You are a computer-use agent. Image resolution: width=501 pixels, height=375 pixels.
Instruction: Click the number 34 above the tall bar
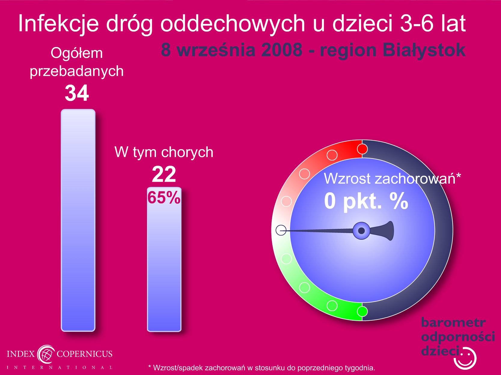(77, 93)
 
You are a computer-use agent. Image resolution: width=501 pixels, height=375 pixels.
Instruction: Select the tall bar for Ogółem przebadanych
(78, 220)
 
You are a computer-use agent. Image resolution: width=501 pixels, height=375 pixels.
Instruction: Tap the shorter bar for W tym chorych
(164, 259)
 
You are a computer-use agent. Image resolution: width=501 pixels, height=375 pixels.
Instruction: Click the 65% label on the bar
(164, 197)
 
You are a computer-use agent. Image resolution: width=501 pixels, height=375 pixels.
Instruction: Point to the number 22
(164, 174)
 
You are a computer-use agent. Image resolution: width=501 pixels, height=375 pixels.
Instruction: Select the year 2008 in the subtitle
(282, 50)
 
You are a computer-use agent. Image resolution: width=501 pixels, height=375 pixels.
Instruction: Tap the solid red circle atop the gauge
(362, 149)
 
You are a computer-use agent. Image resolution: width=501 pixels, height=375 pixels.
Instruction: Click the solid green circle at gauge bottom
(362, 311)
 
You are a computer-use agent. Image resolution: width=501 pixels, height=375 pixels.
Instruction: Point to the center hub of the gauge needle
(361, 231)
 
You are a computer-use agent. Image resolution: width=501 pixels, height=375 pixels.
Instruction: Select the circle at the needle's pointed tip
(281, 230)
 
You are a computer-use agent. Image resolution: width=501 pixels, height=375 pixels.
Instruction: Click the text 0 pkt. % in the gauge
(366, 201)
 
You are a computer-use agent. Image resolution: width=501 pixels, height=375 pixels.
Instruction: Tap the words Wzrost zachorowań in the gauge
(389, 178)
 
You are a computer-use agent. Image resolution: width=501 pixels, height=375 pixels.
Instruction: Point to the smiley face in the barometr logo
(465, 358)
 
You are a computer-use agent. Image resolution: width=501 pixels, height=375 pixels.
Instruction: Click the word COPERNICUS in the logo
(84, 354)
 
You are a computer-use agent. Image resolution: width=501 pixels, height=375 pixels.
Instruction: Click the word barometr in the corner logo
(453, 322)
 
